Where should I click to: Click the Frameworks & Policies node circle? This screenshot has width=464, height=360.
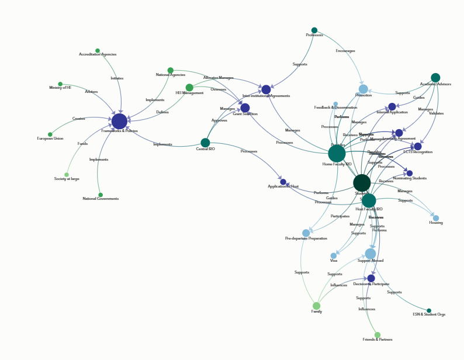119,121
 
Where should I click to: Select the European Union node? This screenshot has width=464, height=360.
50,134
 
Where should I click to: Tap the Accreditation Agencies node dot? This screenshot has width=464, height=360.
98,51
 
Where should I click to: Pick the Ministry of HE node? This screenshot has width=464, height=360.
60,84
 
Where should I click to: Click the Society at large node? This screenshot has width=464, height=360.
67,175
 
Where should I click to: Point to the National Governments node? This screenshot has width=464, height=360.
101,195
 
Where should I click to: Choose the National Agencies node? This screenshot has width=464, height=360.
171,71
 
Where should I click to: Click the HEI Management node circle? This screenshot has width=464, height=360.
189,88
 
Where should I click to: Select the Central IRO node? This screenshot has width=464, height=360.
205,143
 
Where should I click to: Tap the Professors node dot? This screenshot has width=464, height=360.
314,30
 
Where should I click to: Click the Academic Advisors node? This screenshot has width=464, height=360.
435,78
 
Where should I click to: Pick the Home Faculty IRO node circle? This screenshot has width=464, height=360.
337,154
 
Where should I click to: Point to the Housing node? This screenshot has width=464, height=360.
436,218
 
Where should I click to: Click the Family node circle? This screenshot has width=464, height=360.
317,306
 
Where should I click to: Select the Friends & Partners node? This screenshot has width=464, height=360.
378,335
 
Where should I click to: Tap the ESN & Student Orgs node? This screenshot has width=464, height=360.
429,311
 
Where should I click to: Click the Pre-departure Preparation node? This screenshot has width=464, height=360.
306,233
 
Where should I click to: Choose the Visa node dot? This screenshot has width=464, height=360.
334,255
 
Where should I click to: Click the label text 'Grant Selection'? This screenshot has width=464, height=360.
245,114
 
